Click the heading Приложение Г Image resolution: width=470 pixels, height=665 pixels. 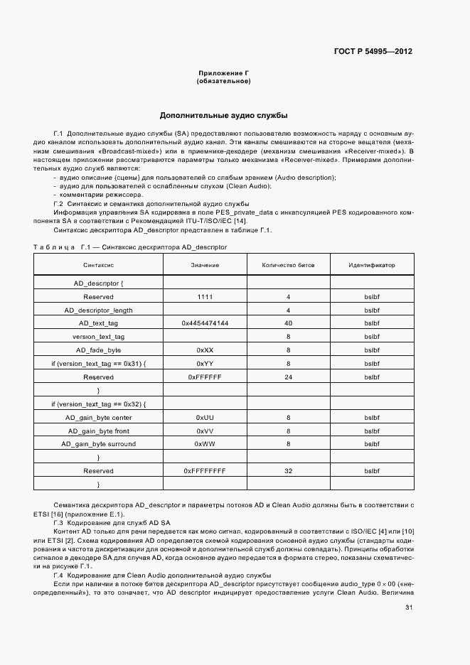(223, 73)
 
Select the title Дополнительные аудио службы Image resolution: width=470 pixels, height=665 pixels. (223, 115)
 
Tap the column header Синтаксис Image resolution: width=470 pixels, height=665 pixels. (98, 265)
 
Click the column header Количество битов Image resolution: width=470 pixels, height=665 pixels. (288, 265)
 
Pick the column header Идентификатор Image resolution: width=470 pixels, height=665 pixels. (371, 265)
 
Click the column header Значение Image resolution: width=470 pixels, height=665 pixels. (205, 265)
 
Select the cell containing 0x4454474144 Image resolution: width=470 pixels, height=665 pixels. (205, 323)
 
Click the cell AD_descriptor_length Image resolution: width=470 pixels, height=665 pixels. (98, 310)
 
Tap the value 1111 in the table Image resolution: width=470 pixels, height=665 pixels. (205, 296)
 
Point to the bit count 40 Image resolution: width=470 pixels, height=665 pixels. (288, 323)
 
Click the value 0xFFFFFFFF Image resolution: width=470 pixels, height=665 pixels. (205, 471)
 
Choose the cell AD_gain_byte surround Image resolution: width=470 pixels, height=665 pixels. (98, 444)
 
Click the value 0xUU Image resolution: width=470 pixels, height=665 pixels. (205, 417)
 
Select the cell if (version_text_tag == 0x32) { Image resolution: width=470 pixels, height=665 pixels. (98, 404)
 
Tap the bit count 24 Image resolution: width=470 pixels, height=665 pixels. (288, 377)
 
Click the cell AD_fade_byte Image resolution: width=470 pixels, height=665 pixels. (98, 350)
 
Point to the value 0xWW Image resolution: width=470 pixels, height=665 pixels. (205, 444)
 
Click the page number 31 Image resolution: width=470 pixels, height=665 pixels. (408, 607)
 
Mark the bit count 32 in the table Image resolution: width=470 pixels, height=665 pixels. (288, 471)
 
